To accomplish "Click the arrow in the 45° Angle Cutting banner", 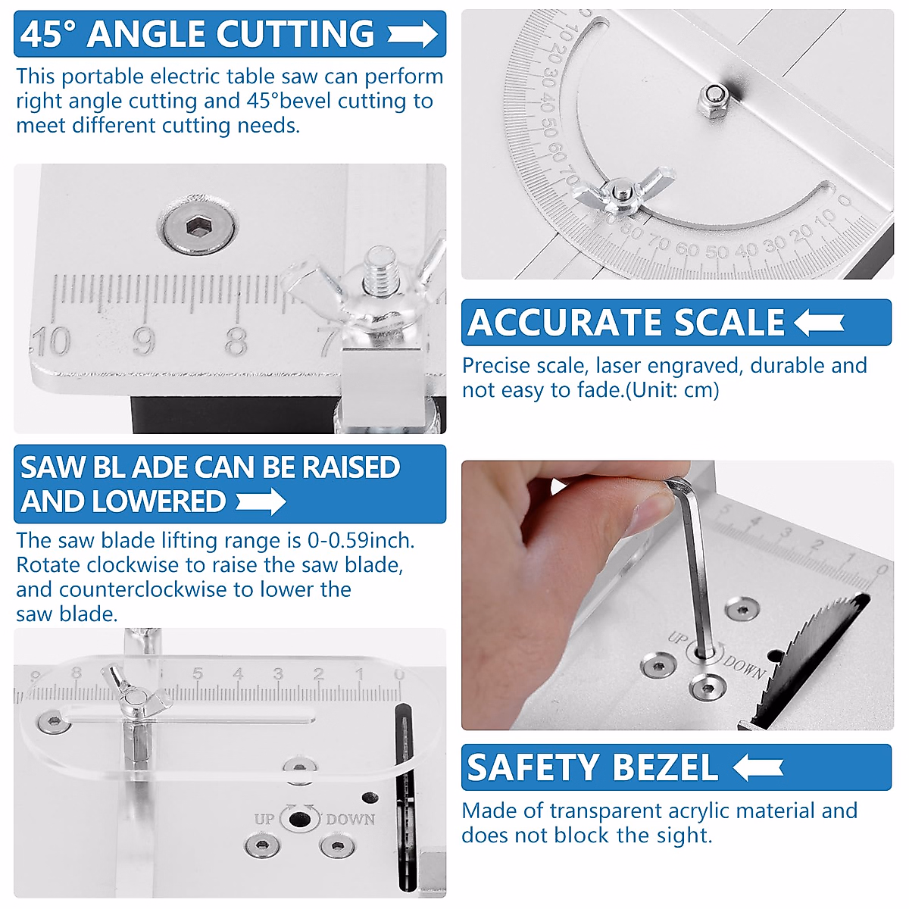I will (412, 34).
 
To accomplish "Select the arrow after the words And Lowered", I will (261, 501).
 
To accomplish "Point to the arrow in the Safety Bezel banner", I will (758, 767).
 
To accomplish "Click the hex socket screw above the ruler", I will (198, 226).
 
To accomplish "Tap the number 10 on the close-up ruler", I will (52, 342).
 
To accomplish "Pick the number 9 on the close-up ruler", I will (144, 342).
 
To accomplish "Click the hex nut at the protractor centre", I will (712, 99).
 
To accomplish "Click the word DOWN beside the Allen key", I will (745, 667).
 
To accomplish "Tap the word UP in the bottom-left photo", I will (264, 819).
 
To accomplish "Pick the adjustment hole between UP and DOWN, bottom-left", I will (300, 819).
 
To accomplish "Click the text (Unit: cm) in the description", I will (673, 390).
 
